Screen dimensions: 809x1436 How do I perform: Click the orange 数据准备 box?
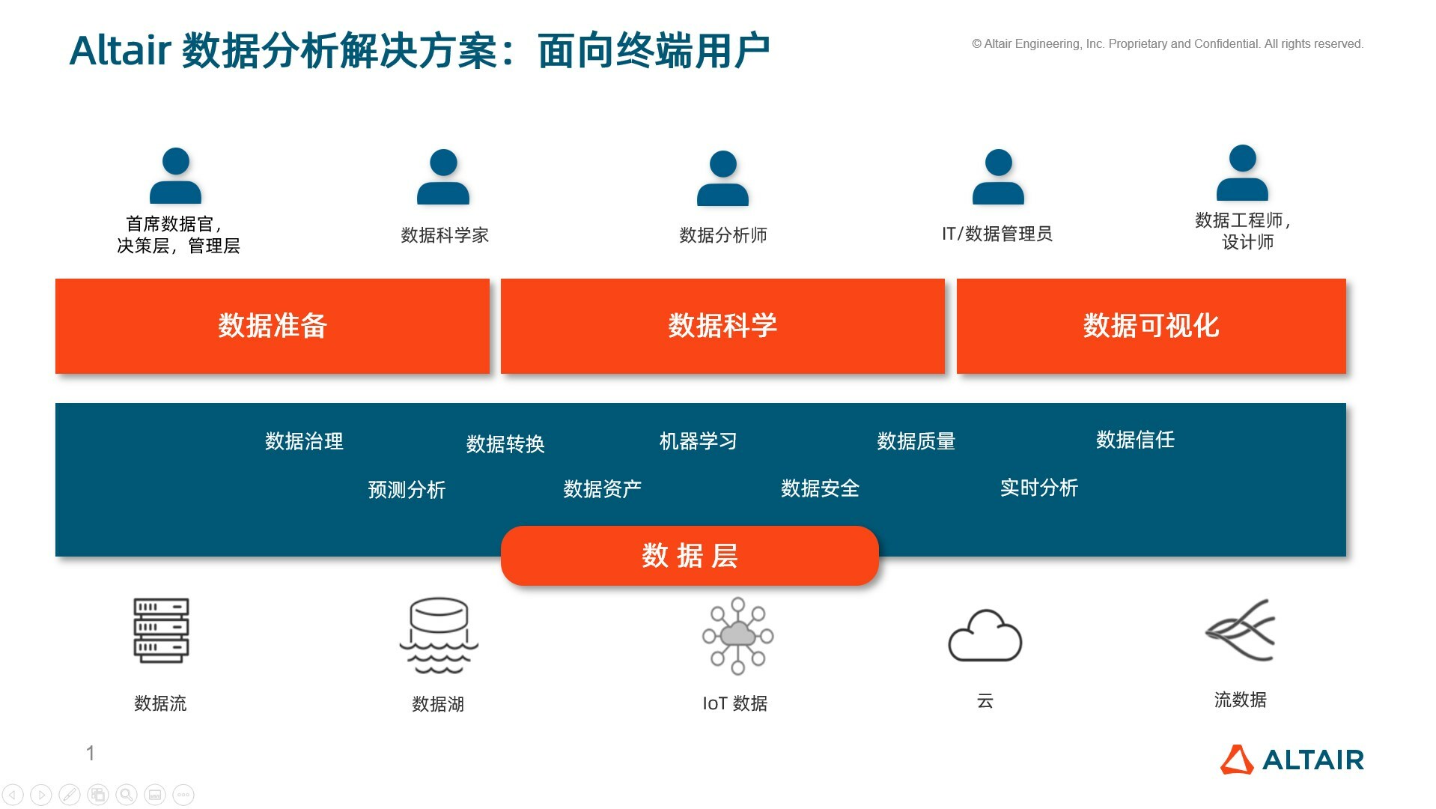click(x=272, y=326)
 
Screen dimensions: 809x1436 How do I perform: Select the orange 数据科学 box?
click(x=722, y=326)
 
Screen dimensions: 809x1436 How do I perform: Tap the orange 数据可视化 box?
click(x=1151, y=326)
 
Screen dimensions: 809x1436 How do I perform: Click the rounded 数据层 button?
click(x=690, y=556)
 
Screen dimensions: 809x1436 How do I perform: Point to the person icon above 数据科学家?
click(x=443, y=177)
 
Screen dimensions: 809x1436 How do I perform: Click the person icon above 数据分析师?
click(x=722, y=178)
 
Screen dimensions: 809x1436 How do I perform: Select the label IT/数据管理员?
click(x=997, y=234)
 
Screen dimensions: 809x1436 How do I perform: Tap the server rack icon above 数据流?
click(x=161, y=630)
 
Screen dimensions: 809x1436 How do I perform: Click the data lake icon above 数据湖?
click(x=439, y=635)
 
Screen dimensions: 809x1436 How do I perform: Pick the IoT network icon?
click(x=737, y=635)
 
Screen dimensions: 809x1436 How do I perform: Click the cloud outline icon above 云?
click(x=985, y=636)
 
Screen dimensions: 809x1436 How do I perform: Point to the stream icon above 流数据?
click(x=1240, y=630)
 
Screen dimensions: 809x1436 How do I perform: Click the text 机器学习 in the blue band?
click(x=698, y=441)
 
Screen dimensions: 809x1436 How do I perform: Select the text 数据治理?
click(x=304, y=441)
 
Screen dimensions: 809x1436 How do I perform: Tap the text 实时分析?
click(x=1038, y=488)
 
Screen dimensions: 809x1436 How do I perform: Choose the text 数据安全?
click(x=820, y=488)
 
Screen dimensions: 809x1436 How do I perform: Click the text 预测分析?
click(x=407, y=490)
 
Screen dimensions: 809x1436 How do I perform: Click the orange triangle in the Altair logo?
click(x=1237, y=760)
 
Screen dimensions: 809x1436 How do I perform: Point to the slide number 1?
click(x=91, y=753)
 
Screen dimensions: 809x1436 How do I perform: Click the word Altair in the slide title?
click(x=121, y=51)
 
